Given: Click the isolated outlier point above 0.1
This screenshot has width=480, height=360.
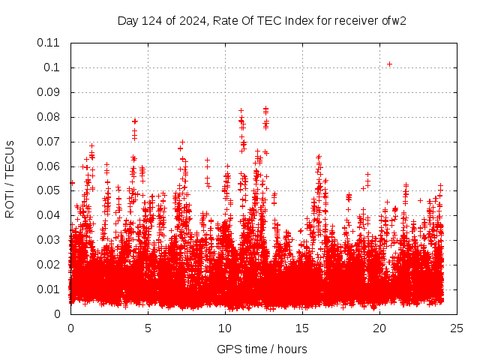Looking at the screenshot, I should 389,64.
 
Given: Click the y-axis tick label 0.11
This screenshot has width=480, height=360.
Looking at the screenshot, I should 49,43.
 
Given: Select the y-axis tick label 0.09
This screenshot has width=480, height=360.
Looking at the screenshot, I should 49,92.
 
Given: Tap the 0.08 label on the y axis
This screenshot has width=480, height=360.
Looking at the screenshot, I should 49,117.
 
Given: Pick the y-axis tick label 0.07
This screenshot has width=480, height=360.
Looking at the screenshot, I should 49,142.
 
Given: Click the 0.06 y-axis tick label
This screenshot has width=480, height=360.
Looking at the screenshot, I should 49,166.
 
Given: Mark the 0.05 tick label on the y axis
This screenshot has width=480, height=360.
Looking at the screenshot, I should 49,190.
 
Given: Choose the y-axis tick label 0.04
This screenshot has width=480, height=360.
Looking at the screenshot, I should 49,215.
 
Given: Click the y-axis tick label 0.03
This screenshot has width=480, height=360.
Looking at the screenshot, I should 49,240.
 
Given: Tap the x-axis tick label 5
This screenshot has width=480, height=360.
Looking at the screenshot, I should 148,328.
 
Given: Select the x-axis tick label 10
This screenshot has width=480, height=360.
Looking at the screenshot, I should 225,328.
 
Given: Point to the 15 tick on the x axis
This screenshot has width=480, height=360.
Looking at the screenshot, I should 302,328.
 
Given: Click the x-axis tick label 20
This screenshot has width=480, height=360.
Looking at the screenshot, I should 379,328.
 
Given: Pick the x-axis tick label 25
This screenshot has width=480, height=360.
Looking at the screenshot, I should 457,328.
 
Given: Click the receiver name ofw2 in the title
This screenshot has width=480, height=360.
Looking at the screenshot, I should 394,20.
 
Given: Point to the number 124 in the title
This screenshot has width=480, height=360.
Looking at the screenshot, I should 153,20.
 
